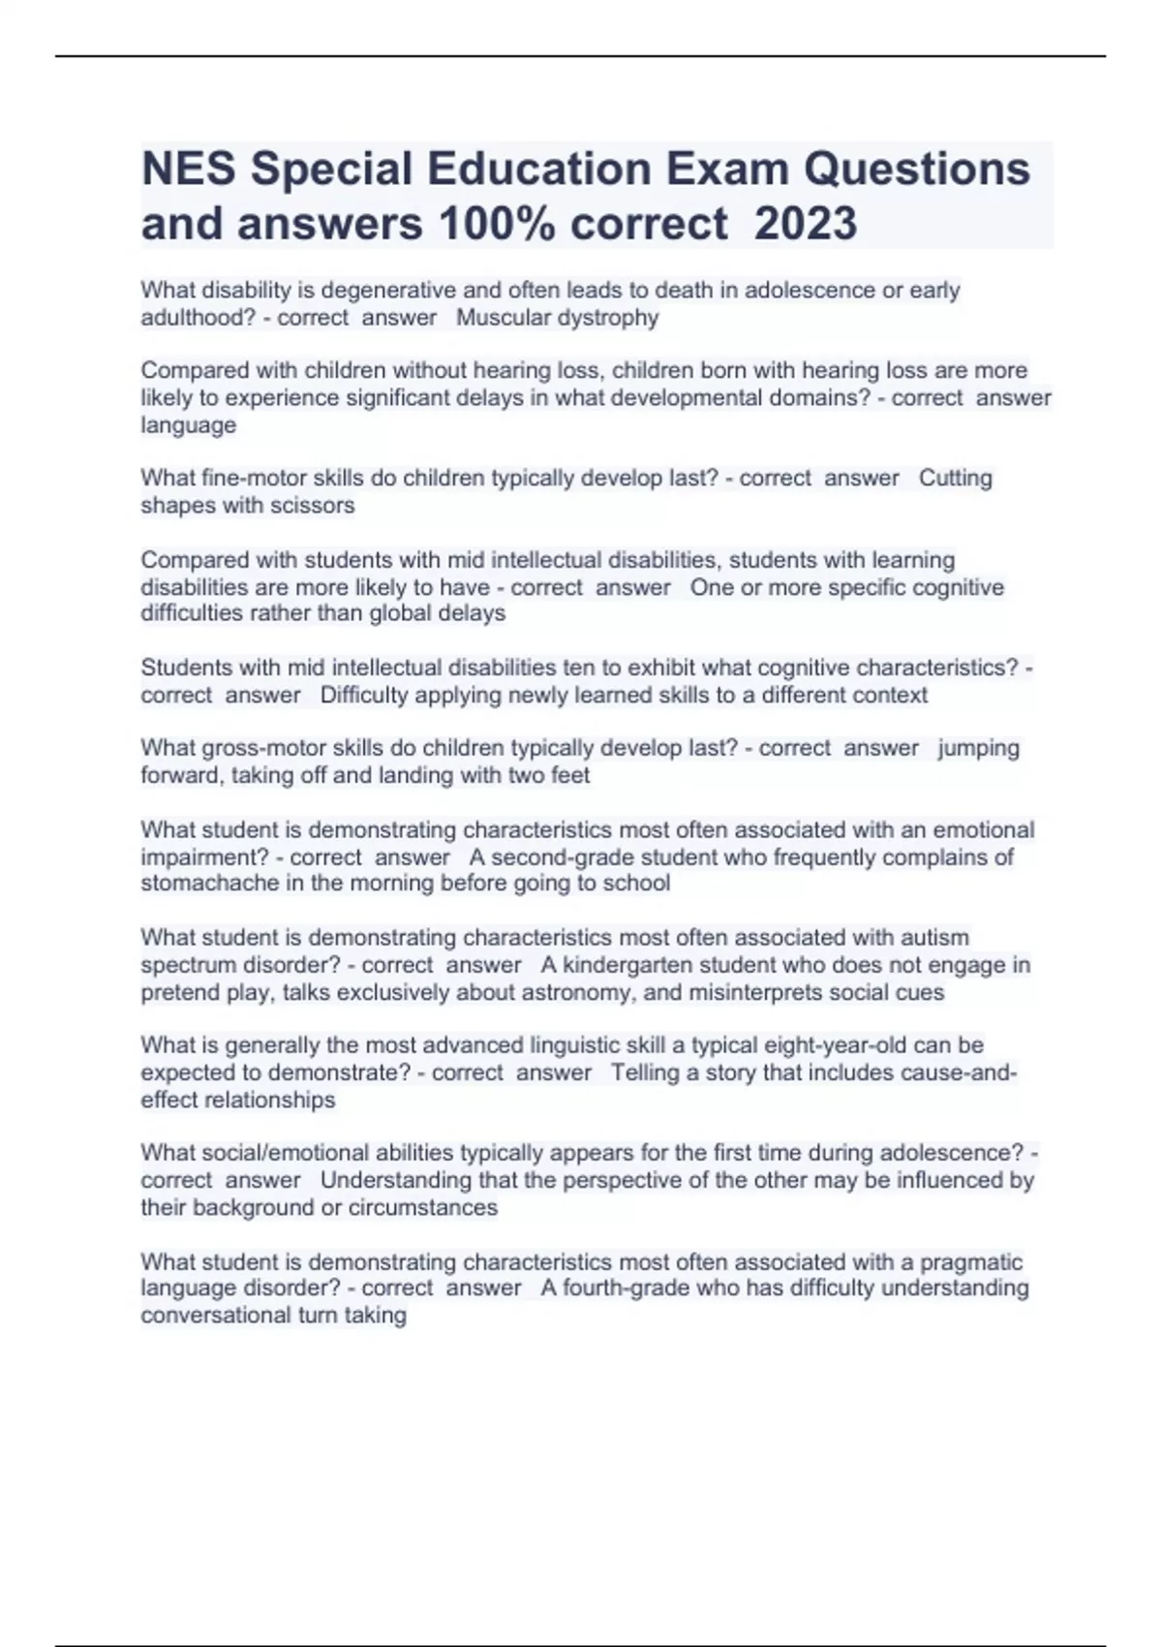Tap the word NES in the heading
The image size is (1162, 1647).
(189, 169)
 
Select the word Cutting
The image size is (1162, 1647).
(955, 478)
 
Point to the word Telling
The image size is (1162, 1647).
(645, 1072)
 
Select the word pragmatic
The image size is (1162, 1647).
(970, 1261)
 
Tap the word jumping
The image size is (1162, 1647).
(978, 748)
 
